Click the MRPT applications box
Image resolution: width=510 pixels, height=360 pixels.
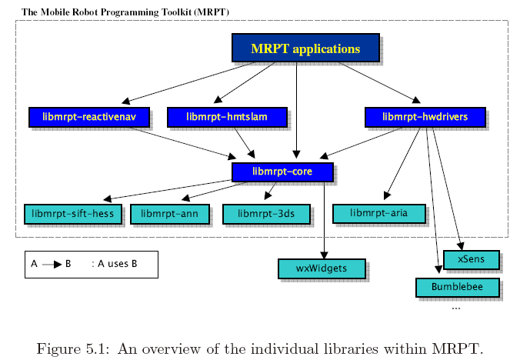coord(305,48)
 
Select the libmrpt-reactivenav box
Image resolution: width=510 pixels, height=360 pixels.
coord(87,117)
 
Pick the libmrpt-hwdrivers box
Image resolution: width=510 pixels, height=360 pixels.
coord(424,117)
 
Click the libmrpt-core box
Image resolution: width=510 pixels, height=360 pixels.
coord(282,172)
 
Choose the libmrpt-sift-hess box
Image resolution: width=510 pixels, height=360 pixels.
coord(73,214)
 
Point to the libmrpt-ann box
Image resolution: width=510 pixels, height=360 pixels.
coord(170,214)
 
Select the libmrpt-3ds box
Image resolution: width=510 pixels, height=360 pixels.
coord(266,214)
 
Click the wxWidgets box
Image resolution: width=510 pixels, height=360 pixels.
coord(322,268)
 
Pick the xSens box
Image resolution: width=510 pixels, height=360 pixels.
coord(471,260)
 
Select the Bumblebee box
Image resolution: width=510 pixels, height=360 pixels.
coord(451,287)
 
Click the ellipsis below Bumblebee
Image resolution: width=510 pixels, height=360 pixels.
coord(456,307)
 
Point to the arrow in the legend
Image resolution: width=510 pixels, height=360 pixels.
coord(52,264)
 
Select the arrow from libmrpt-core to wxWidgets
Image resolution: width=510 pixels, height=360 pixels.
coord(325,219)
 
